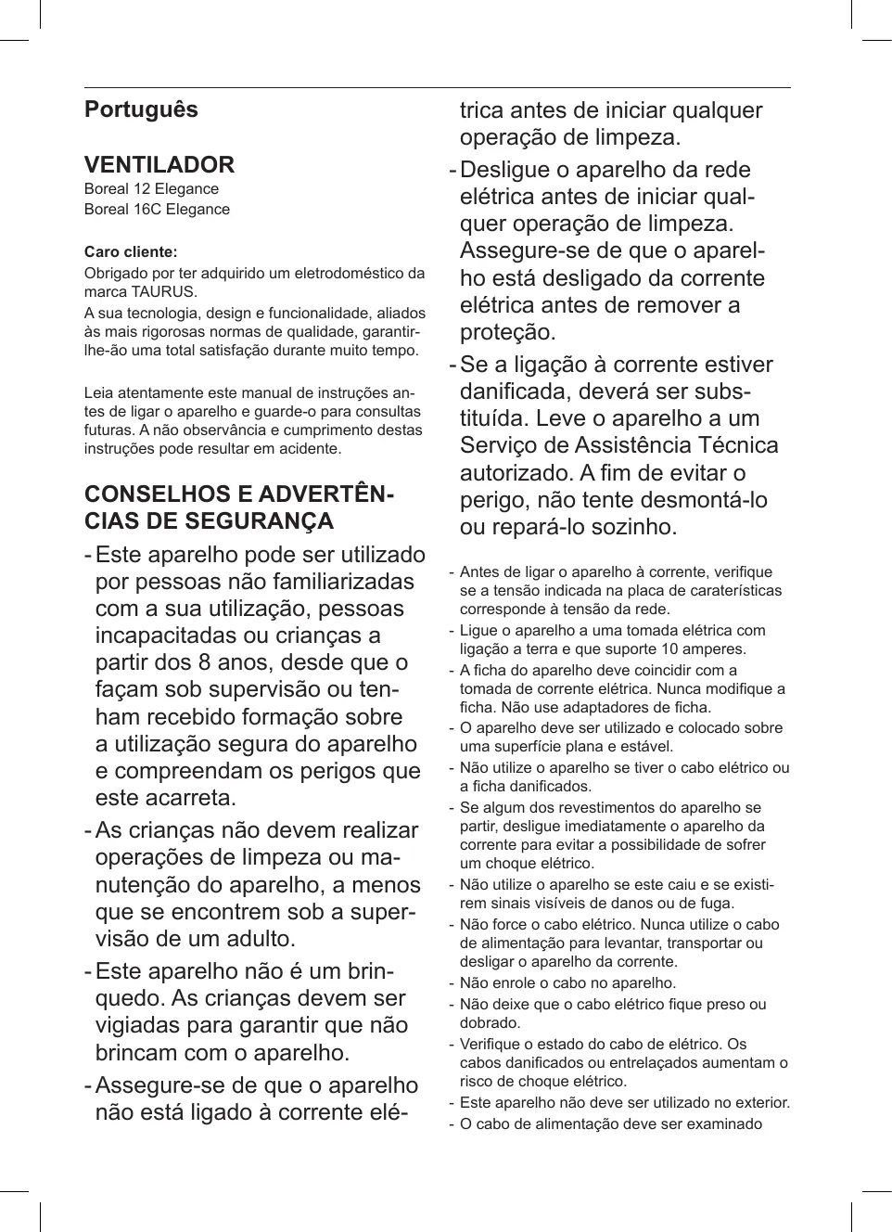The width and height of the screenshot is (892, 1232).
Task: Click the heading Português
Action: (x=141, y=109)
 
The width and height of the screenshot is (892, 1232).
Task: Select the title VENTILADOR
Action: (x=159, y=165)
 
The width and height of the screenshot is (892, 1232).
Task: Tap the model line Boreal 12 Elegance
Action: (x=151, y=189)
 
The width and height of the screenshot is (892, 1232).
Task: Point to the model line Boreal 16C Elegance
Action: (x=157, y=210)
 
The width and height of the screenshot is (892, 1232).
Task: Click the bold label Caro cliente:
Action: (x=131, y=252)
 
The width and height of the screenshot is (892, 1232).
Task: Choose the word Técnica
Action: (x=732, y=445)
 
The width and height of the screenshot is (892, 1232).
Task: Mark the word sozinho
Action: (x=626, y=527)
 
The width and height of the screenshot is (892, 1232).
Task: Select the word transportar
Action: (x=705, y=943)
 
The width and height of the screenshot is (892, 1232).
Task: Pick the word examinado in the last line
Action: (x=720, y=1124)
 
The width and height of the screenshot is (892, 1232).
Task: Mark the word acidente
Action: (x=309, y=449)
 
